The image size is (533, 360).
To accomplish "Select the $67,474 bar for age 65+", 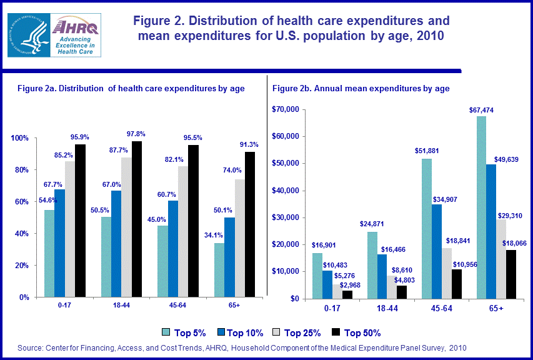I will tap(481, 207).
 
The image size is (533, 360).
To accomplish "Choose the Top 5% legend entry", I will tap(182, 332).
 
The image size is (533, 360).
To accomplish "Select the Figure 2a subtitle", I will tap(131, 89).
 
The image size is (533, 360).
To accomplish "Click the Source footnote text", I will tap(242, 347).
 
